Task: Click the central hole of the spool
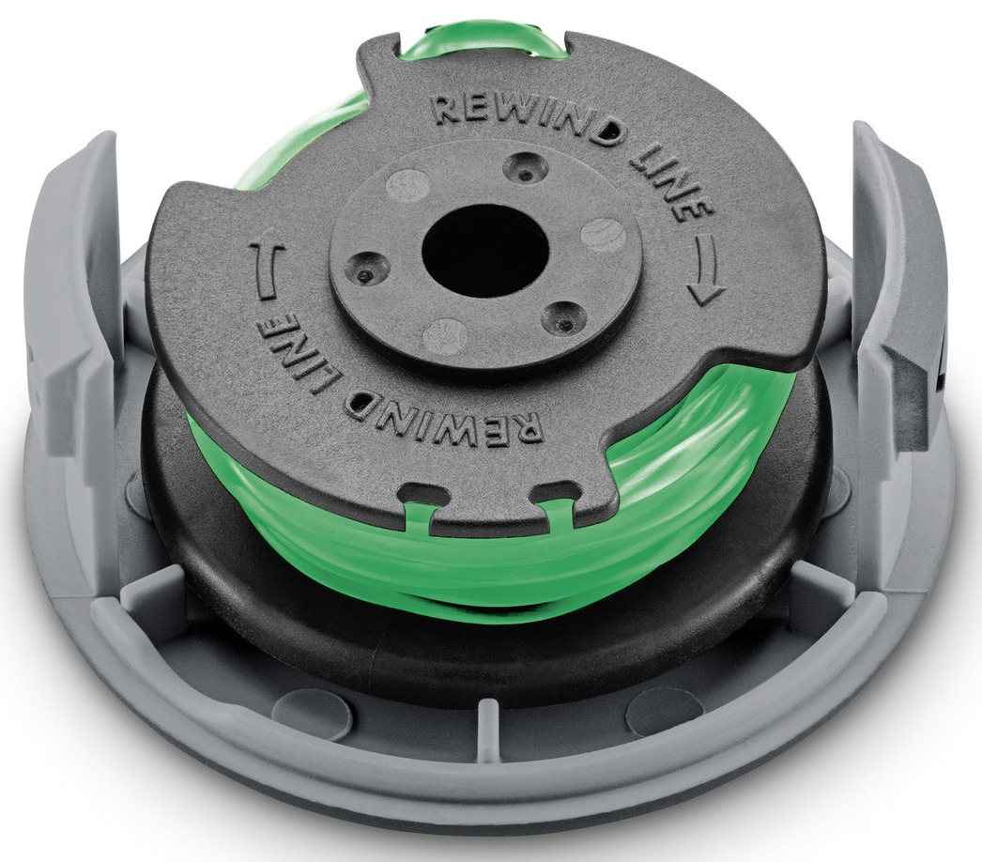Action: click(x=485, y=253)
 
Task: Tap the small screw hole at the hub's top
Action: click(x=527, y=167)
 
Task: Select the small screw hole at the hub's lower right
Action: click(x=563, y=318)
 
